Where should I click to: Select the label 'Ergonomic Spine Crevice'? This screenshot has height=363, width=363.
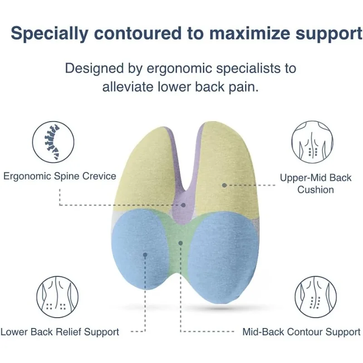[x=60, y=176]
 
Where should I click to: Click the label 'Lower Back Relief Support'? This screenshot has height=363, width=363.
[x=60, y=332]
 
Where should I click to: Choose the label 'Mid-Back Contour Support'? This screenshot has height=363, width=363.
[x=301, y=332]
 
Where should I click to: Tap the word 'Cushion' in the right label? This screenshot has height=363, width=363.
[x=316, y=189]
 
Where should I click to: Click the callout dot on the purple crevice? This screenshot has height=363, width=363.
[x=183, y=205]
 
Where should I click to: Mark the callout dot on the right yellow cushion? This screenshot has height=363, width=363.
[x=224, y=185]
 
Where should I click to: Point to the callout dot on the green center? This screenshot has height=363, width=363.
[x=181, y=243]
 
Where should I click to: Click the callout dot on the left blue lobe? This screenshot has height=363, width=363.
[x=145, y=255]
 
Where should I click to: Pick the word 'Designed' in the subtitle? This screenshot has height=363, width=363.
[x=93, y=69]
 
